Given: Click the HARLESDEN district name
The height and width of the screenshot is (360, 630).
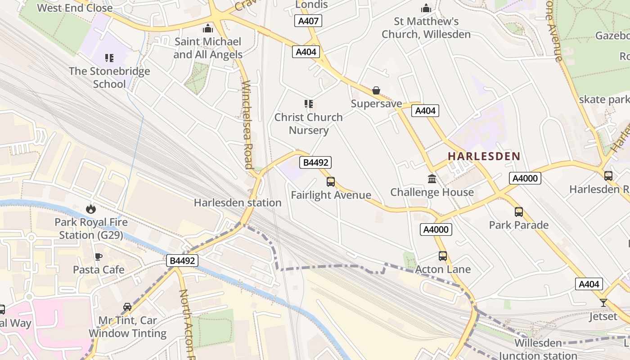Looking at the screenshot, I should point(484,157).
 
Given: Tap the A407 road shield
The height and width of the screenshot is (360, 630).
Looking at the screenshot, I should point(309,21).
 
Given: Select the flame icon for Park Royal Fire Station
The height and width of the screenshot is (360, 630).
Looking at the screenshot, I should point(91,209).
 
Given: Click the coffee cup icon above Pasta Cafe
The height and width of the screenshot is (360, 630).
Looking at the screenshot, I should point(99,256).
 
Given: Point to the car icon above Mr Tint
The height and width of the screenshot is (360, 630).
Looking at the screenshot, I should point(127,307).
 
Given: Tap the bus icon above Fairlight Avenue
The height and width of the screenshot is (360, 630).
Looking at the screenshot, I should point(331,182).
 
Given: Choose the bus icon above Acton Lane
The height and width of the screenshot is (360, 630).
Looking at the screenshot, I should point(443,256).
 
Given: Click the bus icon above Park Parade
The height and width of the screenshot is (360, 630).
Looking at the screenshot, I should point(519,211).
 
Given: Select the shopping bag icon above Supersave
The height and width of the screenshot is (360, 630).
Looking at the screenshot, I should point(376,91).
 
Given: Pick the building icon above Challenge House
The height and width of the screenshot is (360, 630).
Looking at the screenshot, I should point(432,179).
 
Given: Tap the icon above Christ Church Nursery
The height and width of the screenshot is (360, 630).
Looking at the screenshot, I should point(309,104).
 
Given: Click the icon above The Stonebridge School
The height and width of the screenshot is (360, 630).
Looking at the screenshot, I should point(109,58).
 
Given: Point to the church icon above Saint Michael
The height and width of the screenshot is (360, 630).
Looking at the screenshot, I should point(208,29).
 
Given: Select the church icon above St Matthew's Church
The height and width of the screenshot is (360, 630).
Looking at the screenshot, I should point(426,9).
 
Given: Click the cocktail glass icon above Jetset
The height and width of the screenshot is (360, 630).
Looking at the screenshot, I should point(603,303).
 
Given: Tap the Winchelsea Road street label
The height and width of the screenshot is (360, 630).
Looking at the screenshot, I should point(247,125).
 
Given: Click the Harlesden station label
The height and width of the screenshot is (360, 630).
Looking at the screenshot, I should point(238,203).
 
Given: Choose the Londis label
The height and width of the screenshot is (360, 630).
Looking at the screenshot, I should point(311,4).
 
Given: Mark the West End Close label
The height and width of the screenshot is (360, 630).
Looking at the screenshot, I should point(75,8).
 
